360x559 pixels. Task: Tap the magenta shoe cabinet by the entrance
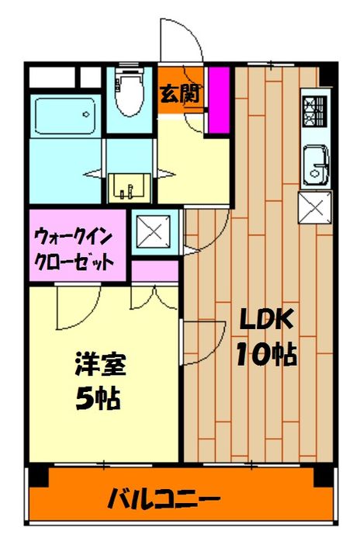pos(220,98)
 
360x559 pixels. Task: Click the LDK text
pos(265,318)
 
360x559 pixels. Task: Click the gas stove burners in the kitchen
pos(316,110)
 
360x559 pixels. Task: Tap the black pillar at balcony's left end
pos(36,476)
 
